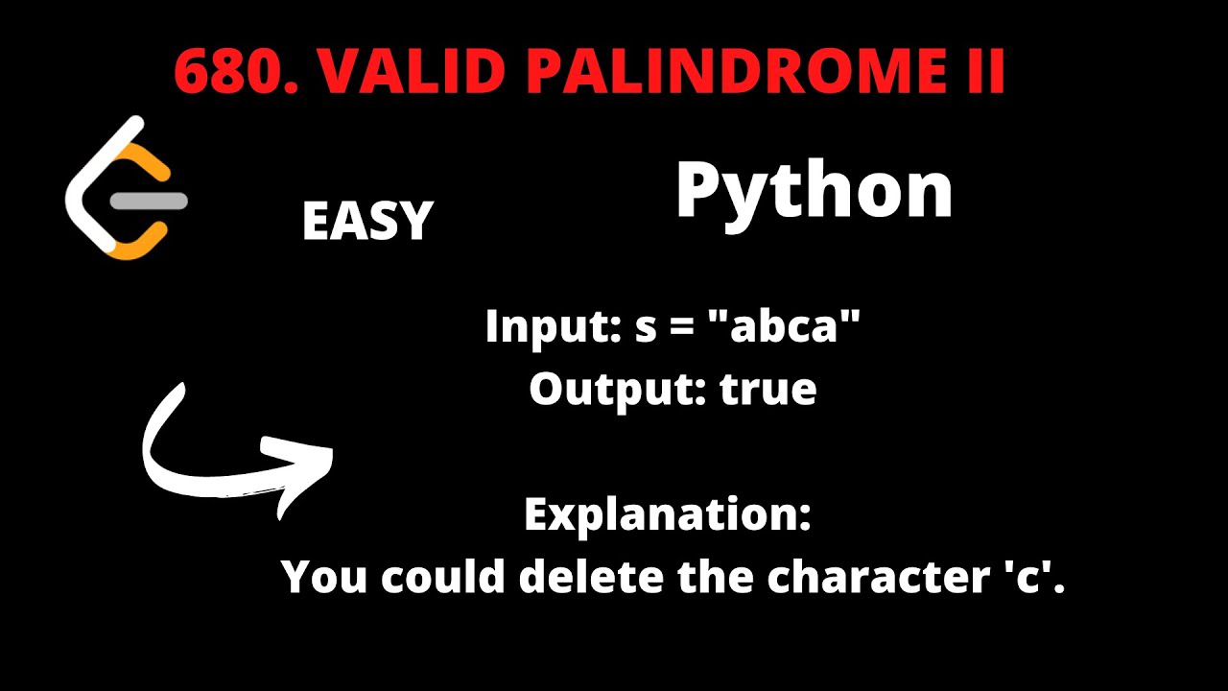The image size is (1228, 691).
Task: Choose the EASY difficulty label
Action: click(x=367, y=222)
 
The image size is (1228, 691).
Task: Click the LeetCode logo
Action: click(x=125, y=187)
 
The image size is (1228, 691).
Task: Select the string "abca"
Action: click(x=794, y=327)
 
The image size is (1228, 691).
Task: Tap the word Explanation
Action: click(x=668, y=515)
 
